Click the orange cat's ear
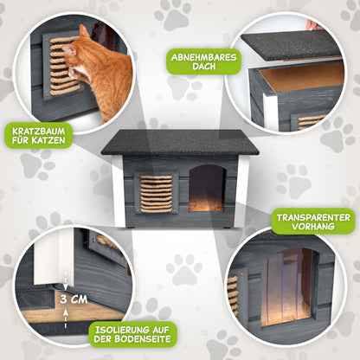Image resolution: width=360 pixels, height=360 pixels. tap(84, 32)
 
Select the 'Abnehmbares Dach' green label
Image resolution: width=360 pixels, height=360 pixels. tap(191, 62)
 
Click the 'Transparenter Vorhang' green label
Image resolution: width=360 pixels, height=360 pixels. tap(313, 221)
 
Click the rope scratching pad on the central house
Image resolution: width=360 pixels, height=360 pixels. tap(156, 192)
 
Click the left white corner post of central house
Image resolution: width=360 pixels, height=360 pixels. tap(118, 190)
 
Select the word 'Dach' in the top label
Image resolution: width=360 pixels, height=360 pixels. tap(192, 69)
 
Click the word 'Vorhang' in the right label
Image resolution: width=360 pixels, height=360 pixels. tap(313, 228)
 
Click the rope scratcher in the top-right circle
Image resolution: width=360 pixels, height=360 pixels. tap(312, 120)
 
